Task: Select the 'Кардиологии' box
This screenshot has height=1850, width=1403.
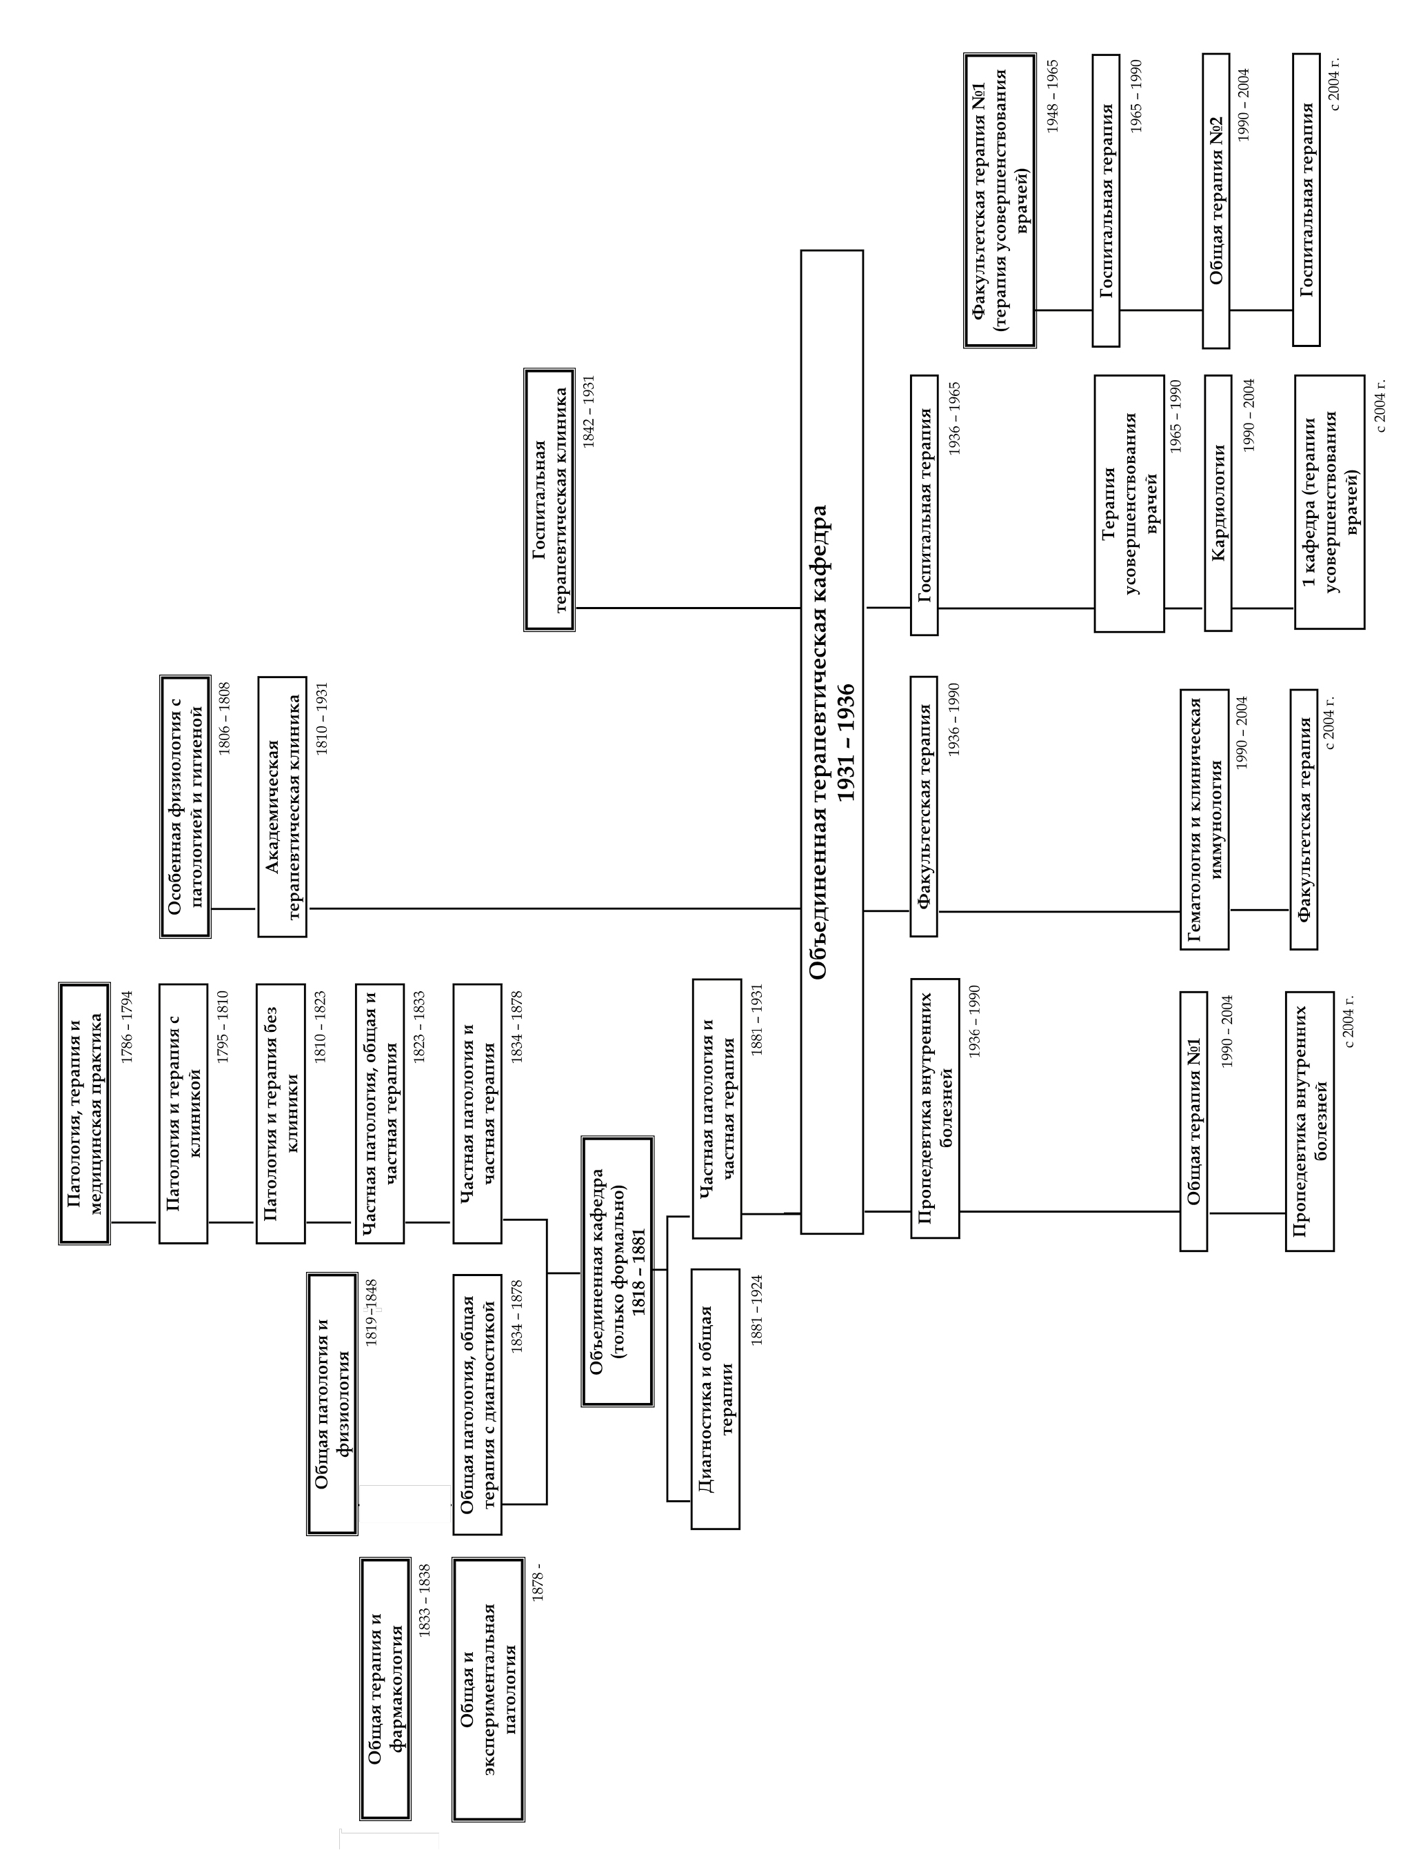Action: click(x=1218, y=503)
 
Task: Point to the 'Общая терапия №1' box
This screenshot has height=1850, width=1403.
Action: click(x=1193, y=1121)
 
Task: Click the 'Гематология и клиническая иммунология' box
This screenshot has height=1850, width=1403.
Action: click(x=1204, y=819)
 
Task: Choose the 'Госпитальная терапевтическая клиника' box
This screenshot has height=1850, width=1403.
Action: click(x=549, y=499)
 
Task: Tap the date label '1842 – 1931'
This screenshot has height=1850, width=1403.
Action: click(x=589, y=412)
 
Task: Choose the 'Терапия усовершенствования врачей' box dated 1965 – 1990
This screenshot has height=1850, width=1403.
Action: click(x=1129, y=504)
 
